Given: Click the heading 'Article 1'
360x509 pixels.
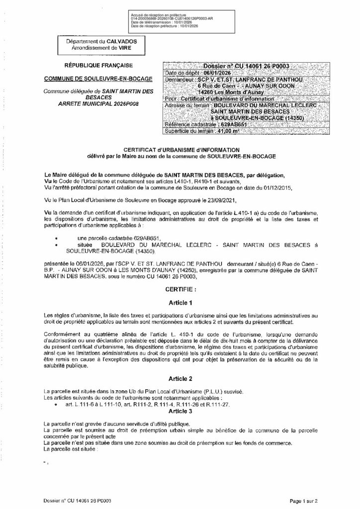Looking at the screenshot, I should (x=180, y=302).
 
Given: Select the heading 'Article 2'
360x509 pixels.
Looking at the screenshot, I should (x=180, y=379).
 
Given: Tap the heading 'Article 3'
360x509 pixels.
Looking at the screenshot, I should (x=180, y=412).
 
